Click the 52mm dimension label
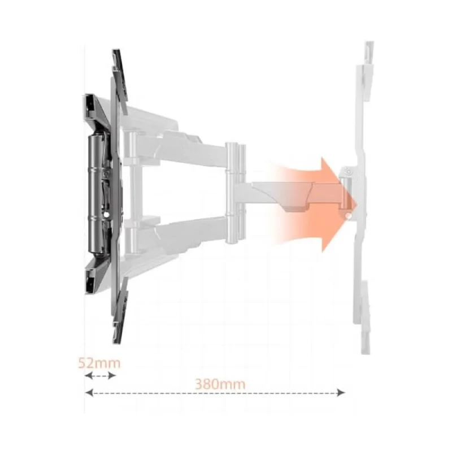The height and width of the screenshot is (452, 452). point(99,363)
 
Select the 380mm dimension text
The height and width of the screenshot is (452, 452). point(220,384)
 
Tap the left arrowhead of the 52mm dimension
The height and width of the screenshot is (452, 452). point(88,376)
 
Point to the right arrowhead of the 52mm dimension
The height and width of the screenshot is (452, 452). point(112,376)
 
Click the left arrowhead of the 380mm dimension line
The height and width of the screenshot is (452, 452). point(89,392)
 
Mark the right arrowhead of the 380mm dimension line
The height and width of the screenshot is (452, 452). point(341,392)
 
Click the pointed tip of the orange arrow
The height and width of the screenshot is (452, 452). point(357,205)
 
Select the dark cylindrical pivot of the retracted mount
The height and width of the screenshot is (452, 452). point(96,194)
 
